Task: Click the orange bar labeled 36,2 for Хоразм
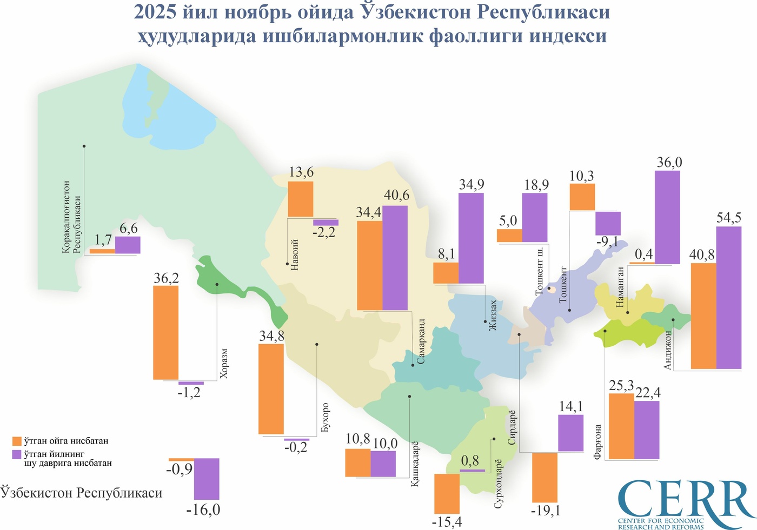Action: tap(166, 332)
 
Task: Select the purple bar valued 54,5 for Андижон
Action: tap(729, 298)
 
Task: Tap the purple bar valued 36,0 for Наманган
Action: tap(667, 217)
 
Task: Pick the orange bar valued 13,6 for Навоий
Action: tap(301, 199)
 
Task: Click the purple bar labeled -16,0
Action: tap(207, 479)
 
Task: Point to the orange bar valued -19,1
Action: tap(544, 478)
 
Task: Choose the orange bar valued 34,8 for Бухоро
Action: tap(271, 388)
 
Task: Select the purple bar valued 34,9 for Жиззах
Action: tap(471, 238)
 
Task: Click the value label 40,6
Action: tap(396, 195)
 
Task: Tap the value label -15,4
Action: tap(447, 522)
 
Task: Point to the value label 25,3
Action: tap(621, 386)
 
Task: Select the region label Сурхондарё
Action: tap(499, 484)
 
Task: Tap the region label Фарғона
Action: tap(597, 442)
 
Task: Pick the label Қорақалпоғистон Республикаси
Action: tap(71, 217)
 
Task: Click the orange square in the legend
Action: tap(16, 441)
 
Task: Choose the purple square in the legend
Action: tap(16, 455)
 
